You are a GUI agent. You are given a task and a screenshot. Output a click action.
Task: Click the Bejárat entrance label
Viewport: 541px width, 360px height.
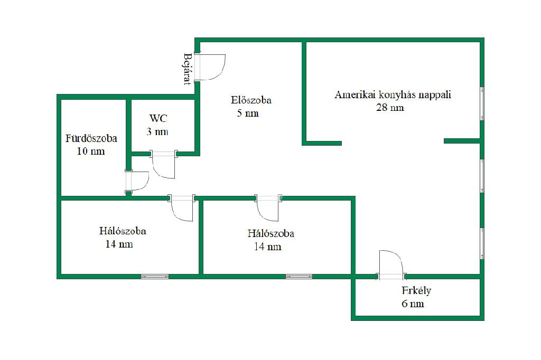(187, 69)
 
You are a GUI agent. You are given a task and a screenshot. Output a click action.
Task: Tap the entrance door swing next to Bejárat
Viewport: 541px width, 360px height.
(211, 67)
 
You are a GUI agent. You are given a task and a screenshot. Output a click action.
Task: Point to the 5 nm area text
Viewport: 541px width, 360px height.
(248, 113)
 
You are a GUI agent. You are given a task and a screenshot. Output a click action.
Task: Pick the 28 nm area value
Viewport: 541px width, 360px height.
(390, 108)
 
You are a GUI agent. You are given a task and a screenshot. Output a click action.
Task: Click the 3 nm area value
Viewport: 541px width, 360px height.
(157, 131)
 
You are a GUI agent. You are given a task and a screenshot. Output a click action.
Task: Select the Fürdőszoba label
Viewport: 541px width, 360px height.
(91, 139)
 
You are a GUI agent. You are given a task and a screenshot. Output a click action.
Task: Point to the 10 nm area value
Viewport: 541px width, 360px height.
(91, 151)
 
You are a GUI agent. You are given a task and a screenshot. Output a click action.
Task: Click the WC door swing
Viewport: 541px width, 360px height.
(163, 165)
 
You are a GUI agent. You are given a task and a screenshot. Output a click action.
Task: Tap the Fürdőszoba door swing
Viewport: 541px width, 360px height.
(138, 181)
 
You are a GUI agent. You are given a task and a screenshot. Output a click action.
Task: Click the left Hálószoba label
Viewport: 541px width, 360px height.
(123, 231)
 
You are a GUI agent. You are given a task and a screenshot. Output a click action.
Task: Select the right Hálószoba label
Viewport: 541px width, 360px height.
(270, 233)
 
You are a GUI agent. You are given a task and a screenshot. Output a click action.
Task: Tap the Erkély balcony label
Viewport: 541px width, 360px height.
(416, 291)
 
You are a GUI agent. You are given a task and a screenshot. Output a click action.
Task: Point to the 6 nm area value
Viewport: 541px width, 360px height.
(413, 304)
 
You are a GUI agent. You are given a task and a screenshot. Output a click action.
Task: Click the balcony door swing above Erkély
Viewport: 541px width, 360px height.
(391, 263)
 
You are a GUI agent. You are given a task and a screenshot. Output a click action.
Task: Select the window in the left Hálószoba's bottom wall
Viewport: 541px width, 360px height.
(155, 276)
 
